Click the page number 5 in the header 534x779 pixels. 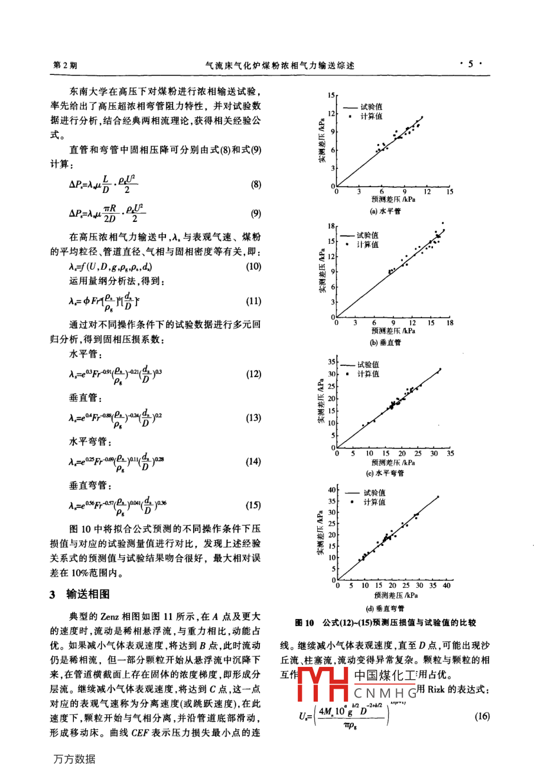pos(471,64)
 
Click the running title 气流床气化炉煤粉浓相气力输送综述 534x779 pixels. pos(279,66)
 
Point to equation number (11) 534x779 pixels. pos(253,302)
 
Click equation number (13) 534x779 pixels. pos(253,418)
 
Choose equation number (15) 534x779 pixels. pos(253,505)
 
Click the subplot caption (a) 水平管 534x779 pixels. pos(385,211)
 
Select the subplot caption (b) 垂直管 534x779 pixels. pos(385,342)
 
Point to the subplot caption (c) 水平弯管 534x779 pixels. pos(385,474)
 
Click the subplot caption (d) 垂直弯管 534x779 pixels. pos(385,608)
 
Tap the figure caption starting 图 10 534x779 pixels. pos(385,623)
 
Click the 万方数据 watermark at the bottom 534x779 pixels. pos(74,760)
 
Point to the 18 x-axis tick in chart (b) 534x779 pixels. pos(450,323)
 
